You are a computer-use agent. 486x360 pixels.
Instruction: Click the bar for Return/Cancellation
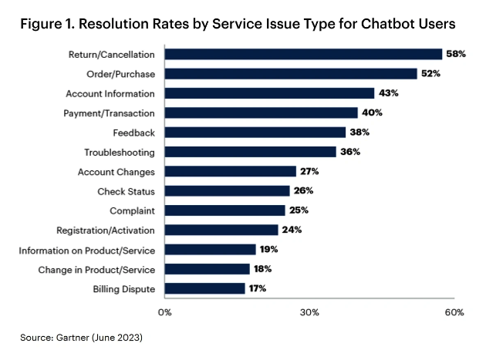(x=302, y=54)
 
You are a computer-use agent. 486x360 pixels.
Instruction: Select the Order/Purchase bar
(x=290, y=73)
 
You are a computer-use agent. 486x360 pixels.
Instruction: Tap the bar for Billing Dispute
(x=204, y=288)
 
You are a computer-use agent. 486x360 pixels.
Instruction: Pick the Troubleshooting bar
(x=250, y=152)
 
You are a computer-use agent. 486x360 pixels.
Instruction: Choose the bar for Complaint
(x=224, y=210)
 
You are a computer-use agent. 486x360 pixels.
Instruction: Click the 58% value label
(x=455, y=54)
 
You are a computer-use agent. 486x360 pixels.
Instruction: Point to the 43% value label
(x=388, y=93)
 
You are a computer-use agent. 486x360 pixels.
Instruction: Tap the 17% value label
(x=258, y=288)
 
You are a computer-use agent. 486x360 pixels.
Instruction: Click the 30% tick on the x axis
(x=309, y=312)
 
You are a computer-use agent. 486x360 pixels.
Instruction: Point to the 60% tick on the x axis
(x=454, y=312)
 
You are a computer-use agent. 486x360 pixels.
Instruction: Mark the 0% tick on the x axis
(x=164, y=312)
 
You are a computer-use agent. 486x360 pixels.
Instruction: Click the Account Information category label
(x=111, y=93)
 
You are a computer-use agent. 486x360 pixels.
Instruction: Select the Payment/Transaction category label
(x=109, y=113)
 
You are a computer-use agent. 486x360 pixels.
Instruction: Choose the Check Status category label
(x=127, y=191)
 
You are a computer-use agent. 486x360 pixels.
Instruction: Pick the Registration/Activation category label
(x=106, y=230)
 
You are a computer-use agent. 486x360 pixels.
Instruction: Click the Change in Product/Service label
(x=96, y=269)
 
